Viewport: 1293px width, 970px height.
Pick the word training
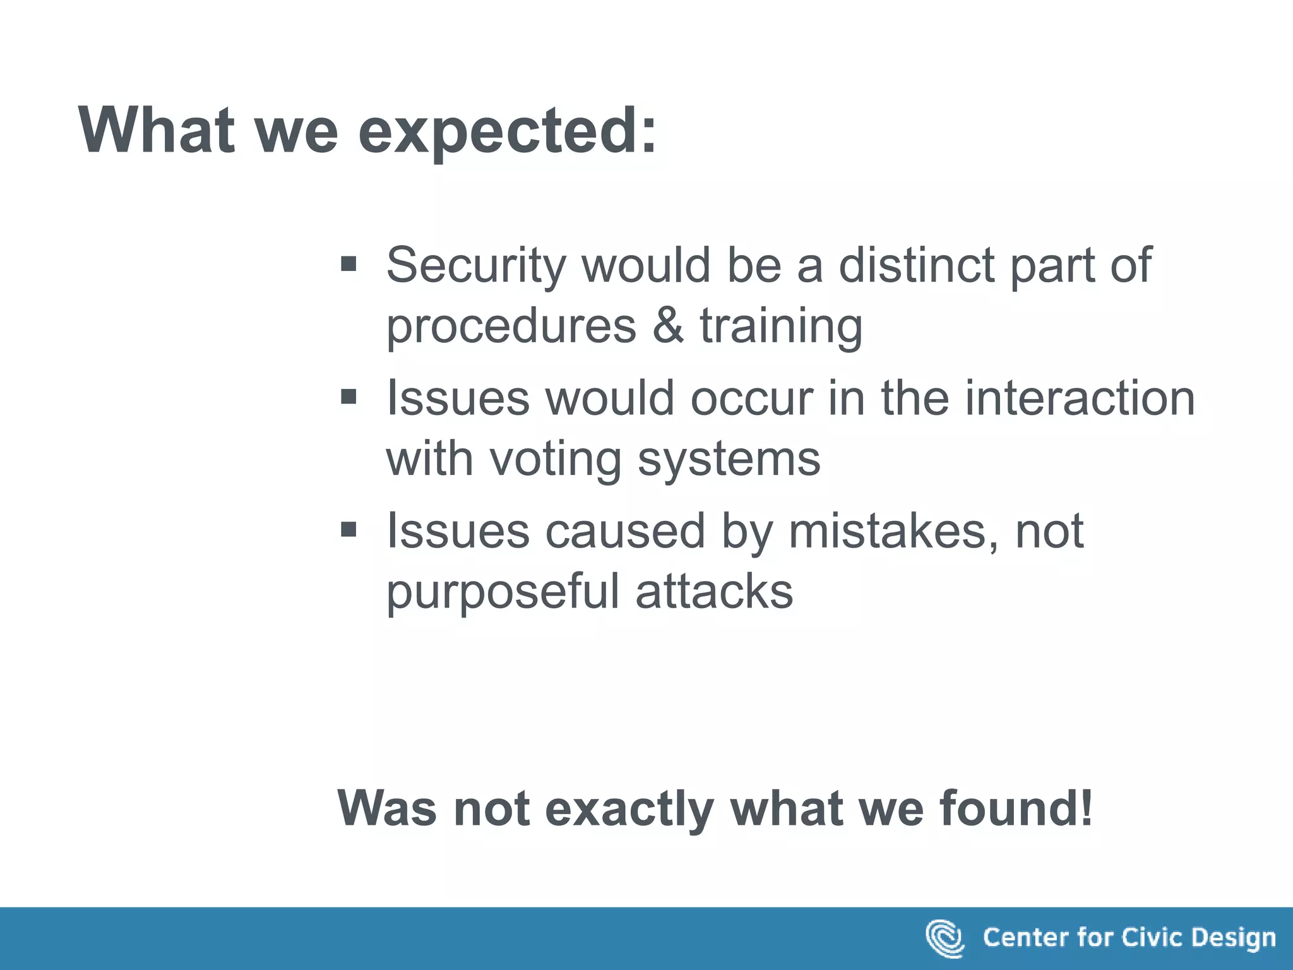point(781,327)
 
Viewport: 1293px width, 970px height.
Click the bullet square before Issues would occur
point(349,397)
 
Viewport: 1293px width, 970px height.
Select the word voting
point(556,460)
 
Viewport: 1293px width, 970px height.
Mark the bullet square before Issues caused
point(349,529)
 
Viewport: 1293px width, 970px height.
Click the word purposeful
point(503,592)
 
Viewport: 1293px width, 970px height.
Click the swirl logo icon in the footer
point(944,938)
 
